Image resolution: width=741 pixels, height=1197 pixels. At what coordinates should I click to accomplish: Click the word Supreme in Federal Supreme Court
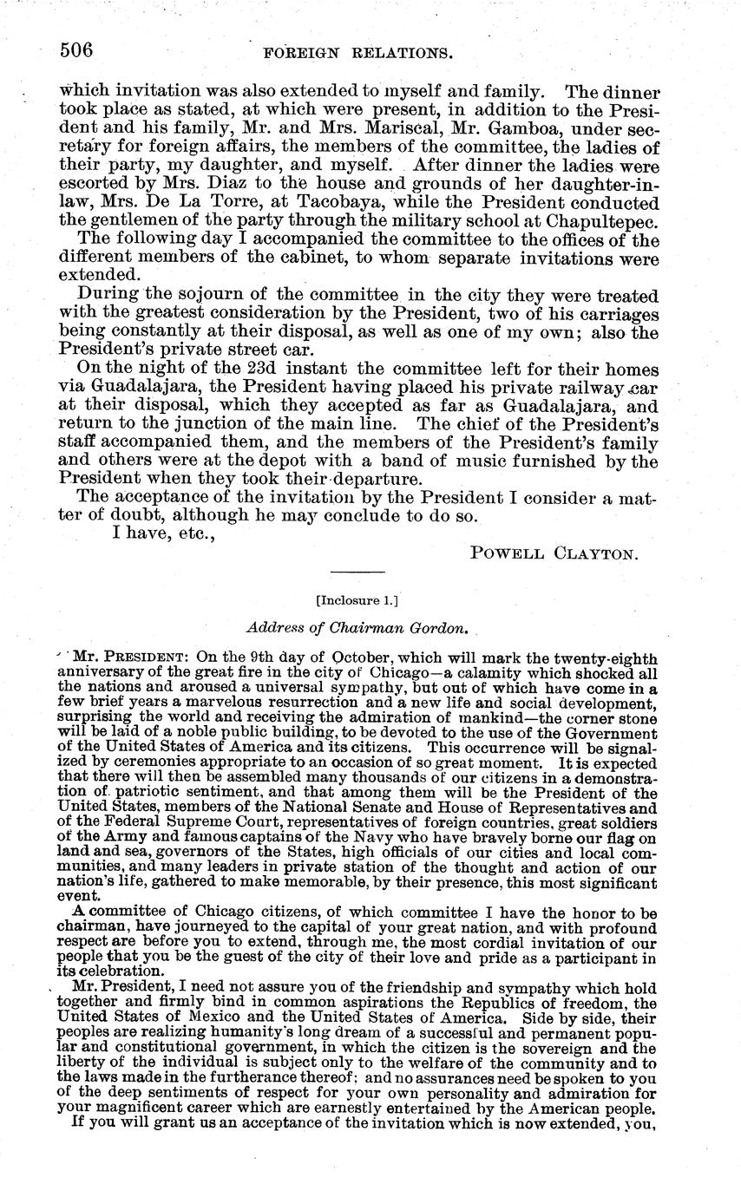click(x=191, y=821)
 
